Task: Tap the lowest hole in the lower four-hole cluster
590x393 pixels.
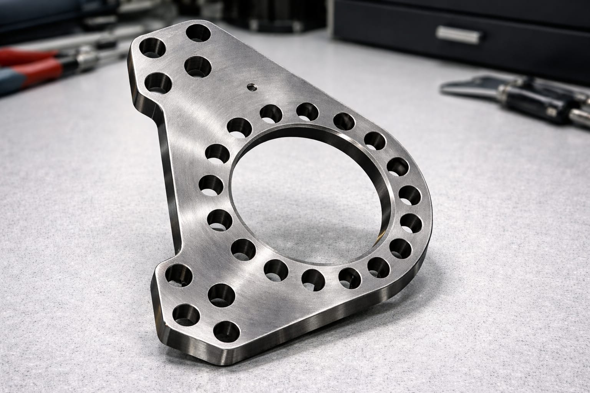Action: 225,330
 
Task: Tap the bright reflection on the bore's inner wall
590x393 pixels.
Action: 384,200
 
